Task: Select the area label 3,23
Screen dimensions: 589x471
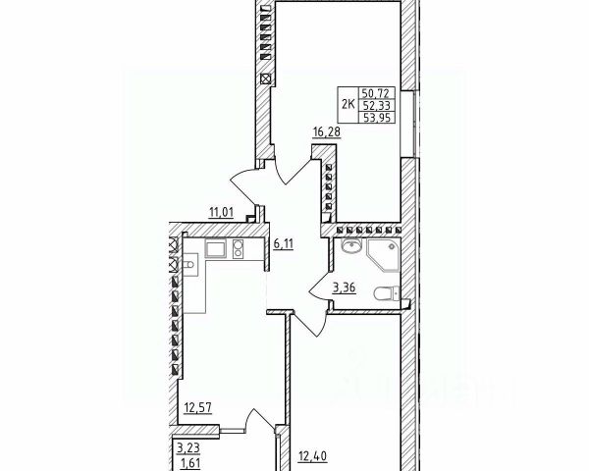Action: pyautogui.click(x=187, y=447)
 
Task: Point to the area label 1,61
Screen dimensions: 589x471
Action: pyautogui.click(x=187, y=460)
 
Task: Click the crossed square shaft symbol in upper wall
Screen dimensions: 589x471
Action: pyautogui.click(x=265, y=78)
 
